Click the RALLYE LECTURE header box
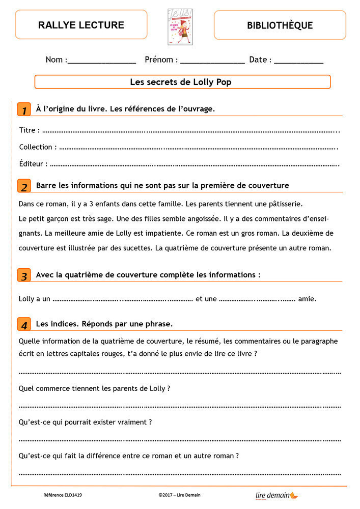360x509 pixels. pyautogui.click(x=81, y=24)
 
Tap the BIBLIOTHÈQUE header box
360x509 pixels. pyautogui.click(x=280, y=25)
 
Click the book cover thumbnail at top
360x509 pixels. pyautogui.click(x=180, y=26)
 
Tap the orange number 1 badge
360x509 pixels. pyautogui.click(x=24, y=109)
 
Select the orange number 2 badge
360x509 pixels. pyautogui.click(x=24, y=186)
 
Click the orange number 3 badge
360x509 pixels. pyautogui.click(x=24, y=276)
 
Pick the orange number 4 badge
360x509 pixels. pyautogui.click(x=24, y=324)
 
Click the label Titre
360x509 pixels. pyautogui.click(x=28, y=130)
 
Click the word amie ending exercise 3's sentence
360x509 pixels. pyautogui.click(x=307, y=299)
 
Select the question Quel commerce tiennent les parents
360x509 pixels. pyautogui.click(x=94, y=388)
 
